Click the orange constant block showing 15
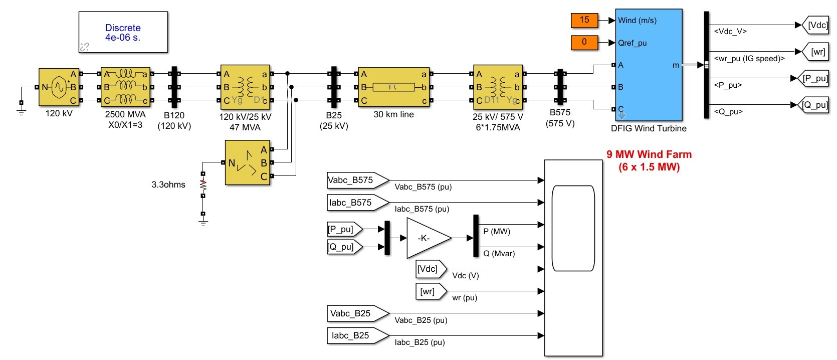coord(584,20)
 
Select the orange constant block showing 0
coord(584,42)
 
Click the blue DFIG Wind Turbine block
coord(649,65)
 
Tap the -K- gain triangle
coord(429,238)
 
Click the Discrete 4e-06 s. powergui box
coord(123,32)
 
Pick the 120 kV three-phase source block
coord(59,87)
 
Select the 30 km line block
coord(394,87)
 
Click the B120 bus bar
coord(174,87)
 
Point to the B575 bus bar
coord(560,87)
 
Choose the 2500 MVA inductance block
coord(125,87)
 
